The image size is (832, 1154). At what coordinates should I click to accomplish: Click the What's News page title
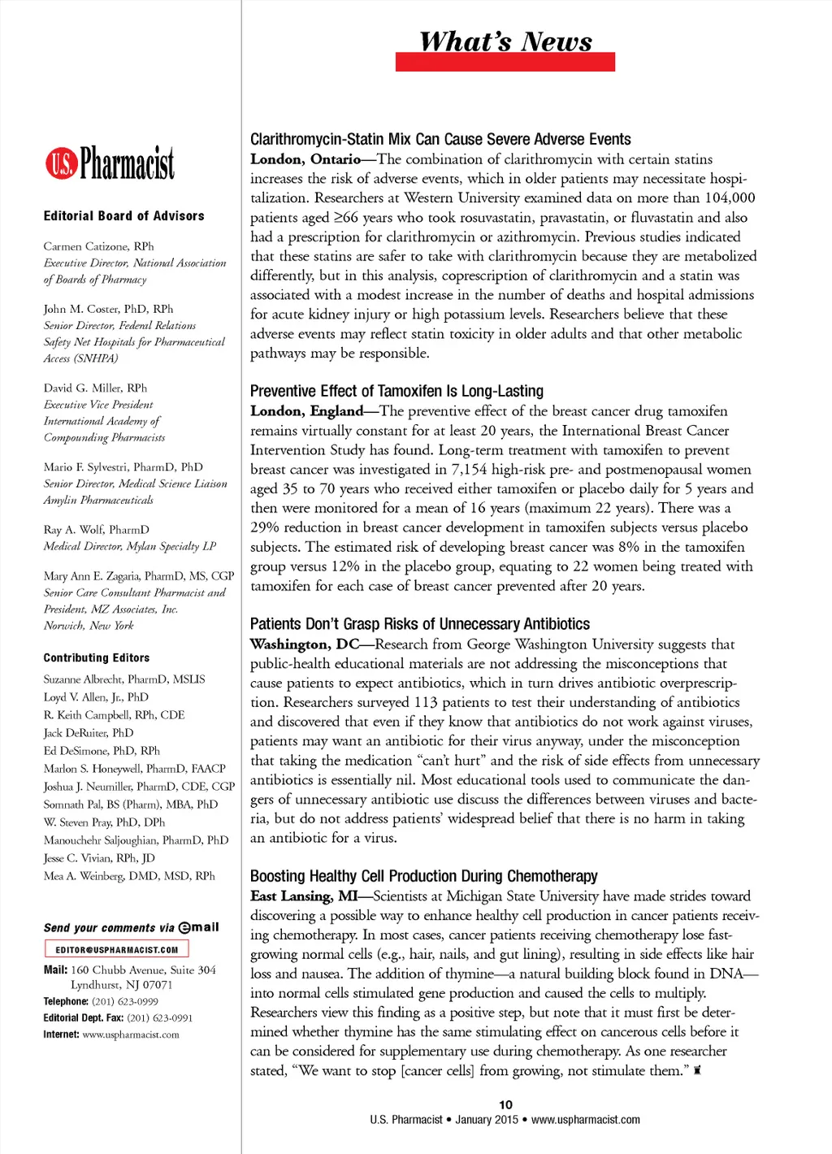click(505, 41)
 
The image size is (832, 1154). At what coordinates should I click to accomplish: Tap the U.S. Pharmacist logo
click(110, 163)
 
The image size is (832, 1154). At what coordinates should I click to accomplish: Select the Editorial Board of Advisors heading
click(124, 216)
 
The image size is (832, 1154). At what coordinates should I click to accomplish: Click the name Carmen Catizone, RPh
click(98, 246)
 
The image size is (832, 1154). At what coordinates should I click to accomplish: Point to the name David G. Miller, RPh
click(95, 388)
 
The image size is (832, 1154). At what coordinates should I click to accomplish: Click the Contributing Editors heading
click(97, 658)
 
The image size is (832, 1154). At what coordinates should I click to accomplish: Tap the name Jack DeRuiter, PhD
click(89, 733)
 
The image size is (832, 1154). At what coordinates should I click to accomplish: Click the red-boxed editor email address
click(116, 949)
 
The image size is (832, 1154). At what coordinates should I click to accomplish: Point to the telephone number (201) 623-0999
click(125, 1002)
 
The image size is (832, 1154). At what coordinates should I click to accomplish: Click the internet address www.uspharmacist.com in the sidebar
click(131, 1035)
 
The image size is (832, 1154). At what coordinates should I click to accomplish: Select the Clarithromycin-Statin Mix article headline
click(440, 139)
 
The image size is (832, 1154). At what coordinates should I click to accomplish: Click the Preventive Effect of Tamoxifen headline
click(396, 391)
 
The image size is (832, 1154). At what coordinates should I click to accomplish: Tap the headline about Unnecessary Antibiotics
click(420, 624)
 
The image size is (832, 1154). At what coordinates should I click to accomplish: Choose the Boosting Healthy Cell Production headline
click(423, 876)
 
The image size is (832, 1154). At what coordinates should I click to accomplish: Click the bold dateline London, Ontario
click(305, 159)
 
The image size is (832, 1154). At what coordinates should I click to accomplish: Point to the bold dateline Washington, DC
click(305, 644)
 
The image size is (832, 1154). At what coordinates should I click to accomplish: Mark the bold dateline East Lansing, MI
click(304, 896)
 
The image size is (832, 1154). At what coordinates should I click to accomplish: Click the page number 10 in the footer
click(505, 1104)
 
